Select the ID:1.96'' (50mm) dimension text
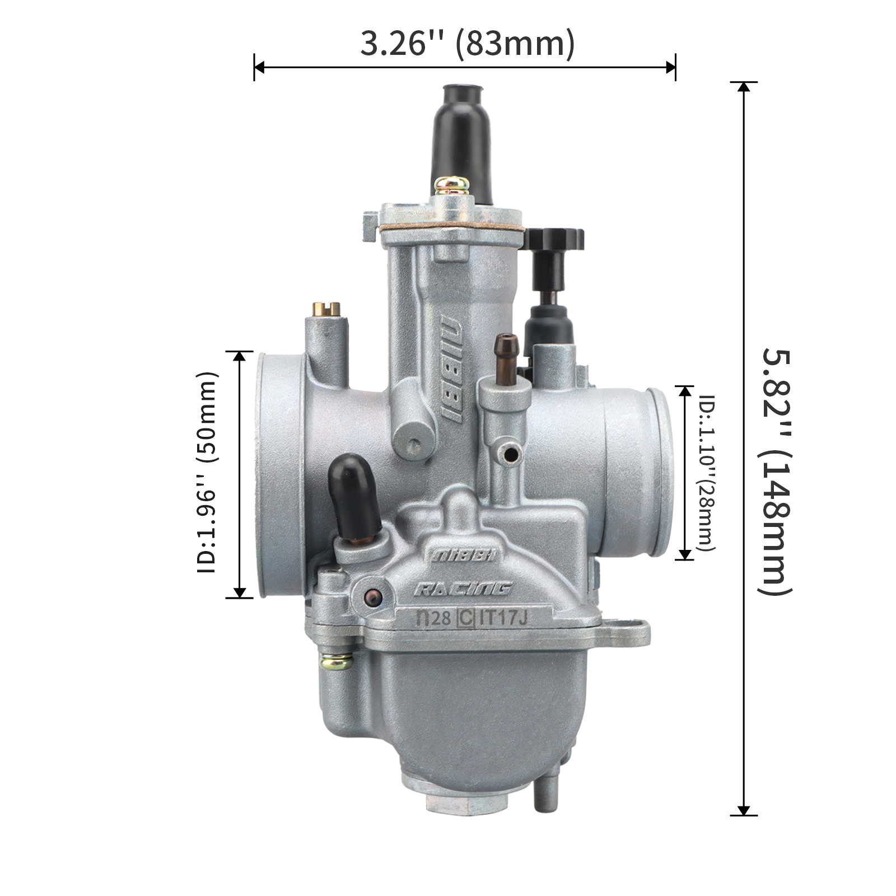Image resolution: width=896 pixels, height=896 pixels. pos(207,472)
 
